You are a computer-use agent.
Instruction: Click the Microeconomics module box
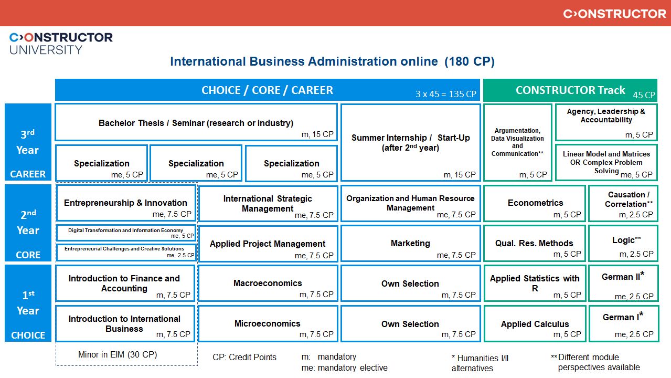(x=268, y=324)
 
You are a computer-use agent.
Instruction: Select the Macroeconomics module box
(x=268, y=283)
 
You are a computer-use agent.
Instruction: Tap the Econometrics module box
(x=535, y=203)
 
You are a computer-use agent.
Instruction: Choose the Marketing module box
(x=410, y=244)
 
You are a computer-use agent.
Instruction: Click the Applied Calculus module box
(x=535, y=324)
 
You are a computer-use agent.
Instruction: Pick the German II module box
(x=623, y=283)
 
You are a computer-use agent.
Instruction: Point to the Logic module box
(x=623, y=244)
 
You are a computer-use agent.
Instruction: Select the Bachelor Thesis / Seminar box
(x=196, y=123)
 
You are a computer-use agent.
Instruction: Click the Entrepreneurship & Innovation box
(x=125, y=203)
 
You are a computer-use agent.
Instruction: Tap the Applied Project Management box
(x=268, y=244)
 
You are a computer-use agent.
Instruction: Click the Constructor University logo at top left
(x=61, y=43)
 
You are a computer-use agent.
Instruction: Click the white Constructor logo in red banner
(x=614, y=14)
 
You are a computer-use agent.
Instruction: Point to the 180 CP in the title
(x=470, y=61)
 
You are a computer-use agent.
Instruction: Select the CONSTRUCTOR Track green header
(x=570, y=90)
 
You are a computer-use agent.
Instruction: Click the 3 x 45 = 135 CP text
(x=445, y=94)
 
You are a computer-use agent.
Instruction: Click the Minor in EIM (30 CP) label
(x=118, y=354)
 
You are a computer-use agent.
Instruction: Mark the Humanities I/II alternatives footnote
(x=480, y=363)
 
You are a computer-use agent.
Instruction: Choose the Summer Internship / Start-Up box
(x=410, y=143)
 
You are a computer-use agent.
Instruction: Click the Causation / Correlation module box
(x=623, y=203)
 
